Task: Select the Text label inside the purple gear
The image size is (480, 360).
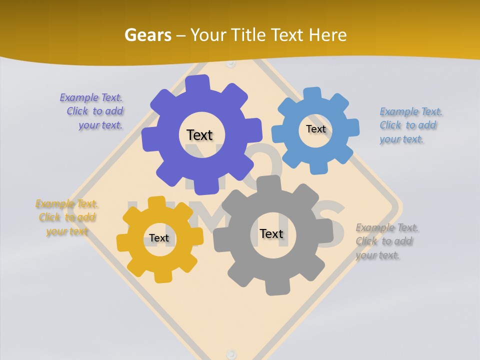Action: pyautogui.click(x=199, y=135)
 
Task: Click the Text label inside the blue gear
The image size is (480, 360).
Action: pyautogui.click(x=315, y=129)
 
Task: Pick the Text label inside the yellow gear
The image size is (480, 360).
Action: pyautogui.click(x=159, y=238)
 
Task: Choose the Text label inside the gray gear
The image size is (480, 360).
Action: pyautogui.click(x=271, y=233)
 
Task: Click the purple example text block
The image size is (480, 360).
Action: pyautogui.click(x=92, y=111)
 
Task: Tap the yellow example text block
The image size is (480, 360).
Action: pyautogui.click(x=67, y=217)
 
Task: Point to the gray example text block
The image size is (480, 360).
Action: pyautogui.click(x=386, y=241)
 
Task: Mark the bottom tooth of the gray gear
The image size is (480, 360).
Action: pyautogui.click(x=274, y=287)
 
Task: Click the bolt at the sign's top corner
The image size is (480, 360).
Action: pyautogui.click(x=230, y=64)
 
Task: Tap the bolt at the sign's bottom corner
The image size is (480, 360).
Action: pyautogui.click(x=230, y=353)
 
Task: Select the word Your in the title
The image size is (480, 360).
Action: pyautogui.click(x=207, y=35)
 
